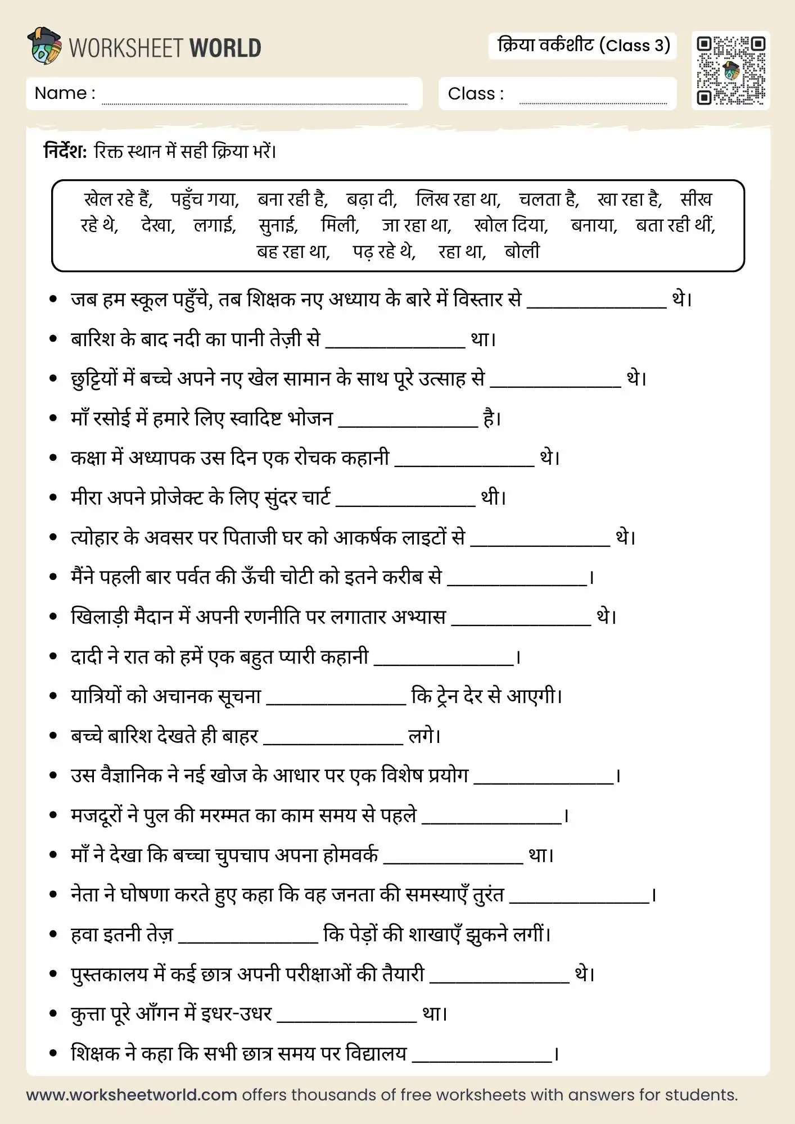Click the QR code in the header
click(730, 71)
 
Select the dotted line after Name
click(254, 102)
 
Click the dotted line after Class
click(593, 102)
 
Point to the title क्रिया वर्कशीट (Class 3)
click(583, 46)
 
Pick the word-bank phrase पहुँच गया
click(205, 200)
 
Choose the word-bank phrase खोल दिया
click(511, 225)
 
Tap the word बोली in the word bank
click(522, 251)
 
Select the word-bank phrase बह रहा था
click(293, 251)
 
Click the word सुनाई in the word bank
click(278, 225)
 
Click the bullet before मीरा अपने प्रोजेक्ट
click(53, 498)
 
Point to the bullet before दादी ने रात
click(53, 656)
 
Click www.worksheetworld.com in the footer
click(132, 1095)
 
